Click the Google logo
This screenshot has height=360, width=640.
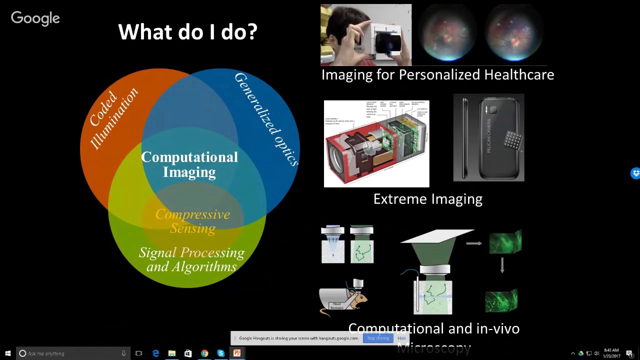point(35,18)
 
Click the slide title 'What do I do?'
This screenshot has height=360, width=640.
point(187,32)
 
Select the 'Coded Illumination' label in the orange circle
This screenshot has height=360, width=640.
point(113,118)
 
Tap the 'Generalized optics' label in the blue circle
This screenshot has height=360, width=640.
point(266,118)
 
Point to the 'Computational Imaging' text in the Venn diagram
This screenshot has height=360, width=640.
point(189,164)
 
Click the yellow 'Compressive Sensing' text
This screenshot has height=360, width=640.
point(192,221)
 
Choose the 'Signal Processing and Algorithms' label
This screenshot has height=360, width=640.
point(191,259)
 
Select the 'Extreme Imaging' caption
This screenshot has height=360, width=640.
point(427,199)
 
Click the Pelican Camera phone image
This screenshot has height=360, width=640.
point(488,137)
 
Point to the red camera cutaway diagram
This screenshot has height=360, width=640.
point(376,144)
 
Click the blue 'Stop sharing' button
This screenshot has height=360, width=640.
point(378,338)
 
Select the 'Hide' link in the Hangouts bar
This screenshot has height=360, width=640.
point(401,338)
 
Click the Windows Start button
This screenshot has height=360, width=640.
point(8,353)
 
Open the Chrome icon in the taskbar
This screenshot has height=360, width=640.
point(204,353)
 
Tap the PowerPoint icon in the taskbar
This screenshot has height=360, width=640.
point(237,353)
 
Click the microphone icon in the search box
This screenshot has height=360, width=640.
point(123,353)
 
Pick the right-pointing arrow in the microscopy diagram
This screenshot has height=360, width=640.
point(473,243)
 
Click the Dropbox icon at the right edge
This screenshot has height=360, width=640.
point(635,173)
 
